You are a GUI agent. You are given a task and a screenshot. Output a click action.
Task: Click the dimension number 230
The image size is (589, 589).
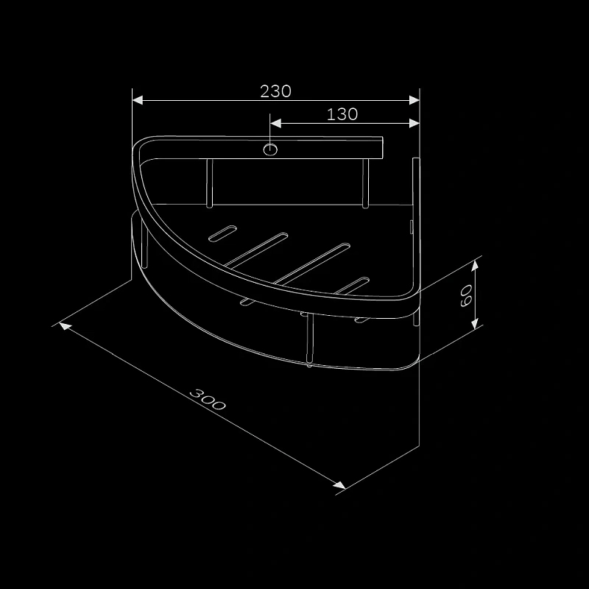pos(276,91)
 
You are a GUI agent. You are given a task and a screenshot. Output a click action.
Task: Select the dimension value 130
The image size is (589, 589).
pos(342,114)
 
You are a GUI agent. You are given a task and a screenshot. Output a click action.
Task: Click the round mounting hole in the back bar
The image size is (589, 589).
pos(271,150)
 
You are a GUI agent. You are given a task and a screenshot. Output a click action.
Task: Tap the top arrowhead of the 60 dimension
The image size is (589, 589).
pos(476,262)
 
